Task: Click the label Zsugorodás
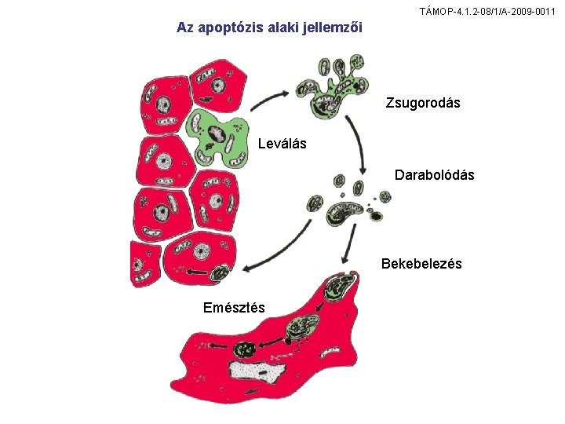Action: click(x=423, y=103)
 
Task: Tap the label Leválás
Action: click(x=282, y=144)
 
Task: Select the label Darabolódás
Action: click(x=434, y=175)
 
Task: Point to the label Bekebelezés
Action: click(x=421, y=264)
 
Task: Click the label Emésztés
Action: click(x=234, y=307)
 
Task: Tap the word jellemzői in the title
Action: click(x=337, y=27)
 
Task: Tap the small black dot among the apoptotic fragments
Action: click(x=376, y=216)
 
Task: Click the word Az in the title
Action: click(x=185, y=27)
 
